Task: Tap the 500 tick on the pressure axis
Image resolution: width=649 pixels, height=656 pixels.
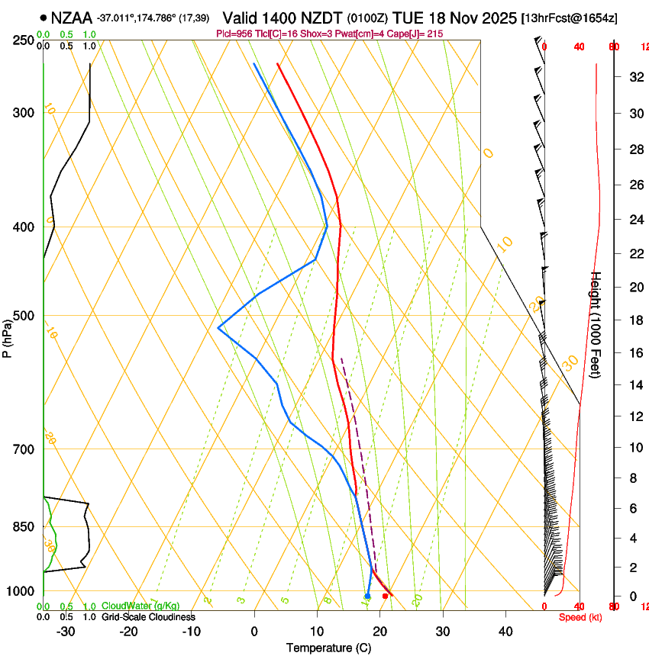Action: coord(24,316)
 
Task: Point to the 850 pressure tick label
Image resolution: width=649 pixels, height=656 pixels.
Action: coord(24,526)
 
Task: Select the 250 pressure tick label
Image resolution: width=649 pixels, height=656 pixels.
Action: coord(24,40)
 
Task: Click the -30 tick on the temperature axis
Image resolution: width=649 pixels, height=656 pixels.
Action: coord(66,631)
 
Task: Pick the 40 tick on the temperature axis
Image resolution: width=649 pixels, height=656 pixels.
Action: coord(505,631)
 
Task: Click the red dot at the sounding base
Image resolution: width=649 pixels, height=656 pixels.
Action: coord(385,596)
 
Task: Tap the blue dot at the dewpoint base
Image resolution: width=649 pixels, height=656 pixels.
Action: coord(367,596)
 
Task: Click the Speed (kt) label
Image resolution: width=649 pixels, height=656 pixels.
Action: coord(580,616)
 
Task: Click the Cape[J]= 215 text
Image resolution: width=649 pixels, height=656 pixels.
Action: coord(418,34)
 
